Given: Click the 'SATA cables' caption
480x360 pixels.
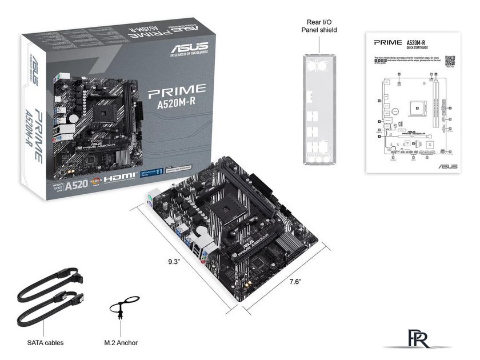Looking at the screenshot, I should pyautogui.click(x=45, y=343).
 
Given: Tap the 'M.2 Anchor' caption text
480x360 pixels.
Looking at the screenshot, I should pyautogui.click(x=121, y=343).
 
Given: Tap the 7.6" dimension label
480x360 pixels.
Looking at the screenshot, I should pyautogui.click(x=295, y=282).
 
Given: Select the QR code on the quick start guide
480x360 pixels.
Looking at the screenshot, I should pyautogui.click(x=449, y=61).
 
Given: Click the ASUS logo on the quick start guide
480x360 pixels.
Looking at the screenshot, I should pyautogui.click(x=447, y=166).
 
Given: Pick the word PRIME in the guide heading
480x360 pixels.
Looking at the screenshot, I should pyautogui.click(x=387, y=43).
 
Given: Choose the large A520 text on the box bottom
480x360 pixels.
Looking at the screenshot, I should pyautogui.click(x=76, y=185).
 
